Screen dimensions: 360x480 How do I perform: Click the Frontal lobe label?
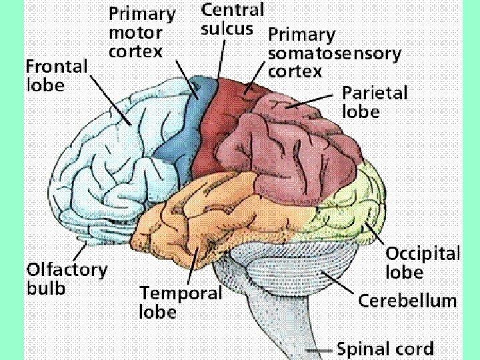[57, 75]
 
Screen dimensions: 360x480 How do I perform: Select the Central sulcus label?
[233, 19]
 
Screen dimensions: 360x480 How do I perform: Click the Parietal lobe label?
[374, 101]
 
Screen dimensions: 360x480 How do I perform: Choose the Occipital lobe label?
[423, 263]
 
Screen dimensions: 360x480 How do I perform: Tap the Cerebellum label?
[407, 300]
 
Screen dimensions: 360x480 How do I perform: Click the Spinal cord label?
[385, 349]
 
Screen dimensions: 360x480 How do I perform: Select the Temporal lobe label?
[180, 302]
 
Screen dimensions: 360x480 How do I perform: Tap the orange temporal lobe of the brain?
[200, 213]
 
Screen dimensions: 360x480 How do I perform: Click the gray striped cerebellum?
[293, 267]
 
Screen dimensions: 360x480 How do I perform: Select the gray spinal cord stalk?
[280, 327]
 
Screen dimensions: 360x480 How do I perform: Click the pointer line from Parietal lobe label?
[313, 100]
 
